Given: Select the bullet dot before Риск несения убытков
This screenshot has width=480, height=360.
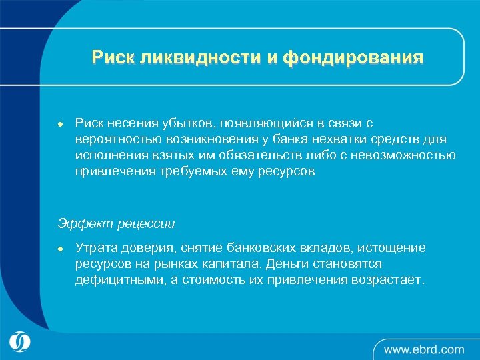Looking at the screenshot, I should pyautogui.click(x=60, y=124).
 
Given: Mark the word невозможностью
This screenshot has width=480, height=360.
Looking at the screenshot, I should pyautogui.click(x=404, y=155).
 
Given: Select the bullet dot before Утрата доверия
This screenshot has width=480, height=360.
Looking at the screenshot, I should pyautogui.click(x=60, y=249).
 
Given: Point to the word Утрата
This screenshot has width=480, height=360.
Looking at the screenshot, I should pyautogui.click(x=97, y=248).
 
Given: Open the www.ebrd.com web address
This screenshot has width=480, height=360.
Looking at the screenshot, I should pyautogui.click(x=424, y=349).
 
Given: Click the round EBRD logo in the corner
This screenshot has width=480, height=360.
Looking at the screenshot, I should pyautogui.click(x=20, y=341).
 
